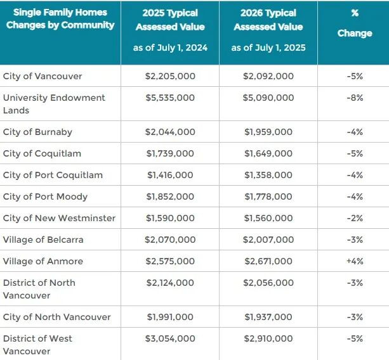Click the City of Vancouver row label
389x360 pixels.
(43, 76)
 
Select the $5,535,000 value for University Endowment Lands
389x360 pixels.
(169, 98)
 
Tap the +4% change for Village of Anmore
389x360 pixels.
(355, 261)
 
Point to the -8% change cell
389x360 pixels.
(355, 98)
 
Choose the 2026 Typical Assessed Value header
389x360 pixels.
(268, 20)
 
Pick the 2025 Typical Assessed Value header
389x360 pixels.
(170, 20)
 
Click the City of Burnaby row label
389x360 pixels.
(37, 132)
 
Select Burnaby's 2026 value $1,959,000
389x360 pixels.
(268, 132)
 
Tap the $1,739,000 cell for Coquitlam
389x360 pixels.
(169, 153)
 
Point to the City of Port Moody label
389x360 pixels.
(45, 196)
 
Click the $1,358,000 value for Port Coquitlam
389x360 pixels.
(268, 175)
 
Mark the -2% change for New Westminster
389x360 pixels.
(355, 218)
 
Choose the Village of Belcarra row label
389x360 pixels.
(43, 240)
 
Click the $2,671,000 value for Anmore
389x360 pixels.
(268, 261)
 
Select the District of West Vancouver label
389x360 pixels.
(38, 344)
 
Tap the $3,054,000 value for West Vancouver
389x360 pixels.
(169, 338)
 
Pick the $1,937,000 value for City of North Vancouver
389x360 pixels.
(268, 317)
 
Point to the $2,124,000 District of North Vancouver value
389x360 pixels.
(169, 283)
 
